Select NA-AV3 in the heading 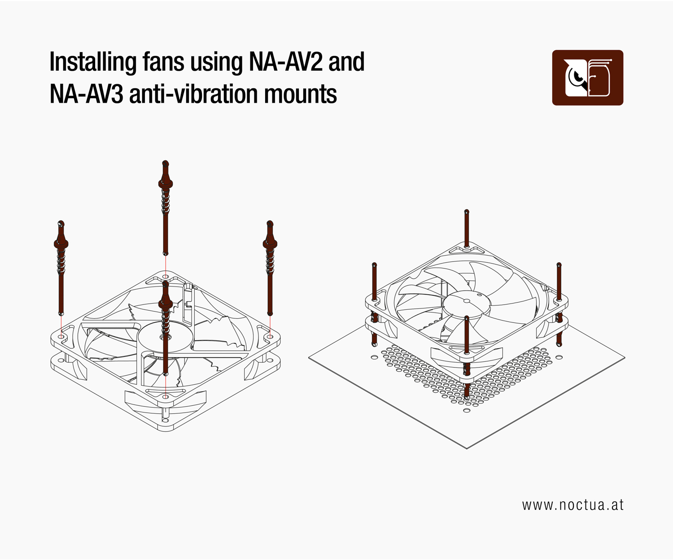coord(87,94)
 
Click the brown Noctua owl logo coord(588,78)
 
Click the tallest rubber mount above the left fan coord(166,208)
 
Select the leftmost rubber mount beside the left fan coord(61,268)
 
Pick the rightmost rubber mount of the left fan coord(270,268)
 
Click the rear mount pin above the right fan coord(467,229)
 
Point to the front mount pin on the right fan coord(467,358)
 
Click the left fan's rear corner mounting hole coord(166,277)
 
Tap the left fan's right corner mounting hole coord(270,337)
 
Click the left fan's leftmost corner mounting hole coord(61,337)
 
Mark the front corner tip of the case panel coord(467,448)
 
